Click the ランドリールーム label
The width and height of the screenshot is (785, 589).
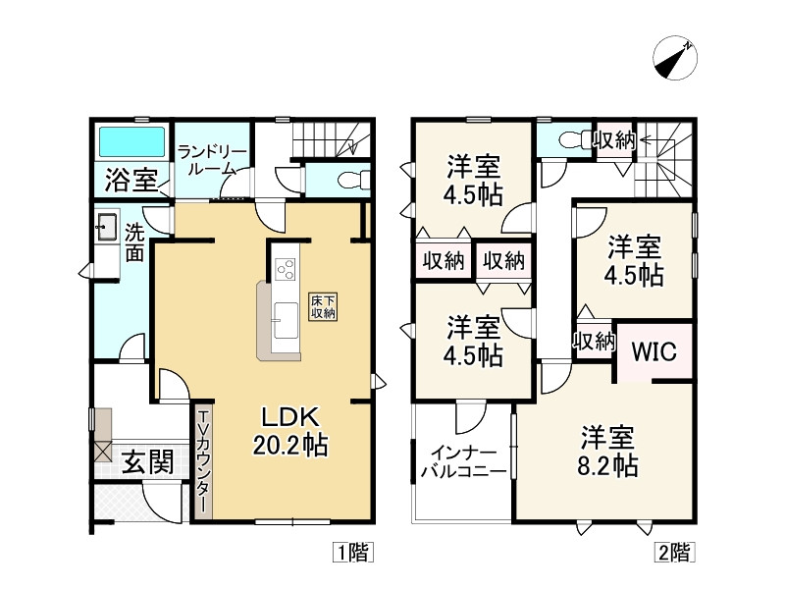(213, 159)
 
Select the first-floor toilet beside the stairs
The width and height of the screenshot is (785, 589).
(348, 180)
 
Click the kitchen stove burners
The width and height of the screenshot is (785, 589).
(286, 267)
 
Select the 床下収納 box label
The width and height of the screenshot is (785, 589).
(323, 305)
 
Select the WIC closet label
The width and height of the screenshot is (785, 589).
(654, 351)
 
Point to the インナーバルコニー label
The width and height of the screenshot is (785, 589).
(462, 461)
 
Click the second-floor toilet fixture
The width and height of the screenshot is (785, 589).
(567, 141)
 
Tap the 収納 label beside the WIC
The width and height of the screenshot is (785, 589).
(594, 342)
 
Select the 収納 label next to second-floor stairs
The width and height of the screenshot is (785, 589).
(614, 140)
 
